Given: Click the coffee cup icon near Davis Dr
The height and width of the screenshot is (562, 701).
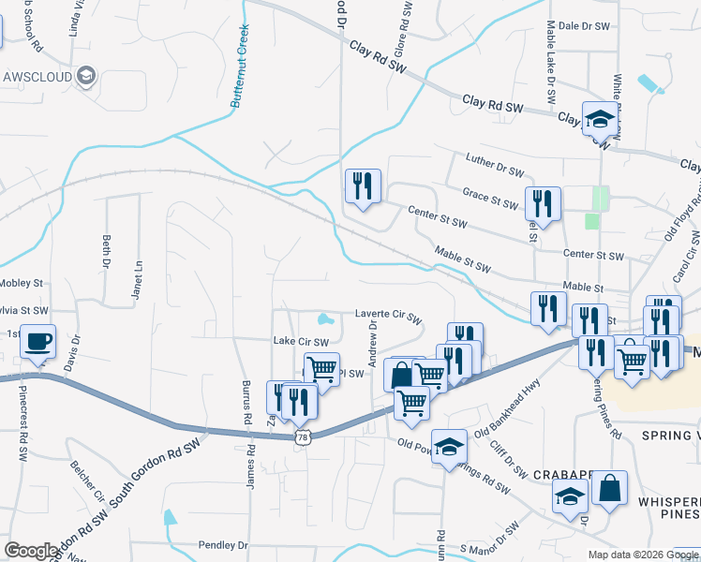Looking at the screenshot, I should pyautogui.click(x=37, y=342).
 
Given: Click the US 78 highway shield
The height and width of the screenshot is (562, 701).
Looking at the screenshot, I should pyautogui.click(x=302, y=437).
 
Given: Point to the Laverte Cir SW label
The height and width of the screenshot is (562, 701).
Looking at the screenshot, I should pyautogui.click(x=388, y=316).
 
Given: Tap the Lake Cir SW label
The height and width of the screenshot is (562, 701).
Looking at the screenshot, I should pyautogui.click(x=300, y=342).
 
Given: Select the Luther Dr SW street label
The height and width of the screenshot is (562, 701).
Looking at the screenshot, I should pyautogui.click(x=493, y=170).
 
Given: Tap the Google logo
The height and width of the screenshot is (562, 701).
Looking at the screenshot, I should pyautogui.click(x=31, y=551).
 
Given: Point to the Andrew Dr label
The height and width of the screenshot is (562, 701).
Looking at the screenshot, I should pyautogui.click(x=373, y=343).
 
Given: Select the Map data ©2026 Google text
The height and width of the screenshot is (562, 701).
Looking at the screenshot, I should pyautogui.click(x=644, y=555).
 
